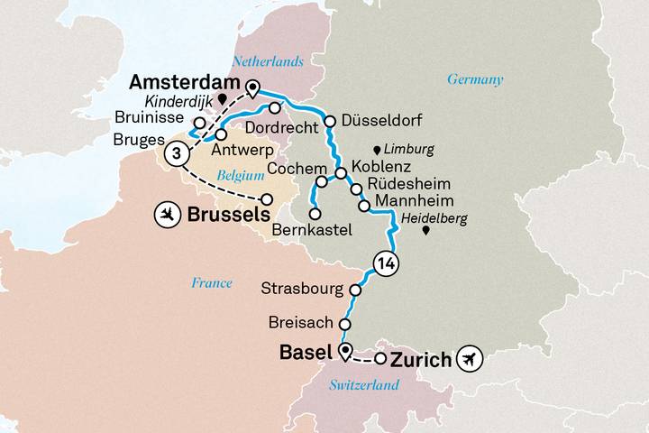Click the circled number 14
click(390, 263)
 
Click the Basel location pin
click(344, 351)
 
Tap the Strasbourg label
click(300, 290)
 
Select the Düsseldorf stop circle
click(330, 121)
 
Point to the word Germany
click(475, 79)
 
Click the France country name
click(212, 282)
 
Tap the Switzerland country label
click(363, 385)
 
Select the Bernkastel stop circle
click(315, 215)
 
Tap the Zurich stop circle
click(380, 359)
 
